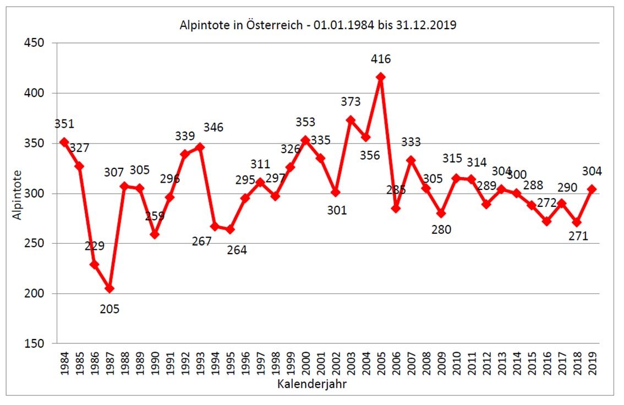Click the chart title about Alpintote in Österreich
pyautogui.click(x=319, y=25)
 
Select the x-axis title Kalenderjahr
pyautogui.click(x=311, y=385)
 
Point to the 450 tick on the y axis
pyautogui.click(x=34, y=43)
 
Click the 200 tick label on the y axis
pyautogui.click(x=34, y=294)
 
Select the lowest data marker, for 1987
pyautogui.click(x=110, y=288)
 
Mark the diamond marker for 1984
pyautogui.click(x=64, y=142)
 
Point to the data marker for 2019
pyautogui.click(x=592, y=189)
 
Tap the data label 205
pyautogui.click(x=110, y=309)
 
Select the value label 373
pyautogui.click(x=351, y=102)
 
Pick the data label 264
pyautogui.click(x=237, y=250)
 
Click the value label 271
pyautogui.click(x=578, y=237)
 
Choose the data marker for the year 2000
pyautogui.click(x=305, y=140)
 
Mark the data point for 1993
pyautogui.click(x=200, y=147)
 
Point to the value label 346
pyautogui.click(x=214, y=128)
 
